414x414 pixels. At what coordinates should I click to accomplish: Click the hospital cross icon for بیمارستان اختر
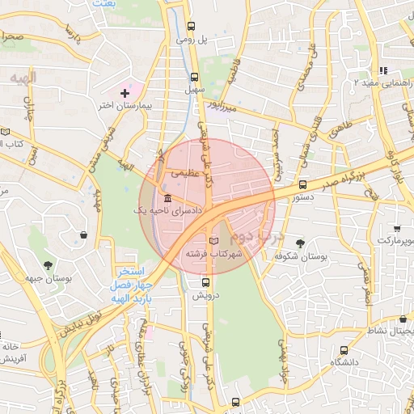(124, 94)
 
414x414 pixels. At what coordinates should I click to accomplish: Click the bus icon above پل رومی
(190, 26)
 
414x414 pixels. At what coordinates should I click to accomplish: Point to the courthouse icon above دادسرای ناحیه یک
(167, 199)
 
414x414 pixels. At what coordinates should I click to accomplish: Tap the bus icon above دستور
(302, 184)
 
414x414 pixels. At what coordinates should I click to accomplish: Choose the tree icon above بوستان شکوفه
(301, 243)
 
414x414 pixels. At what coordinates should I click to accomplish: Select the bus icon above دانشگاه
(344, 351)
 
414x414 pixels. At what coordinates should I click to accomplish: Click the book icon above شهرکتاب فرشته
(213, 241)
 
